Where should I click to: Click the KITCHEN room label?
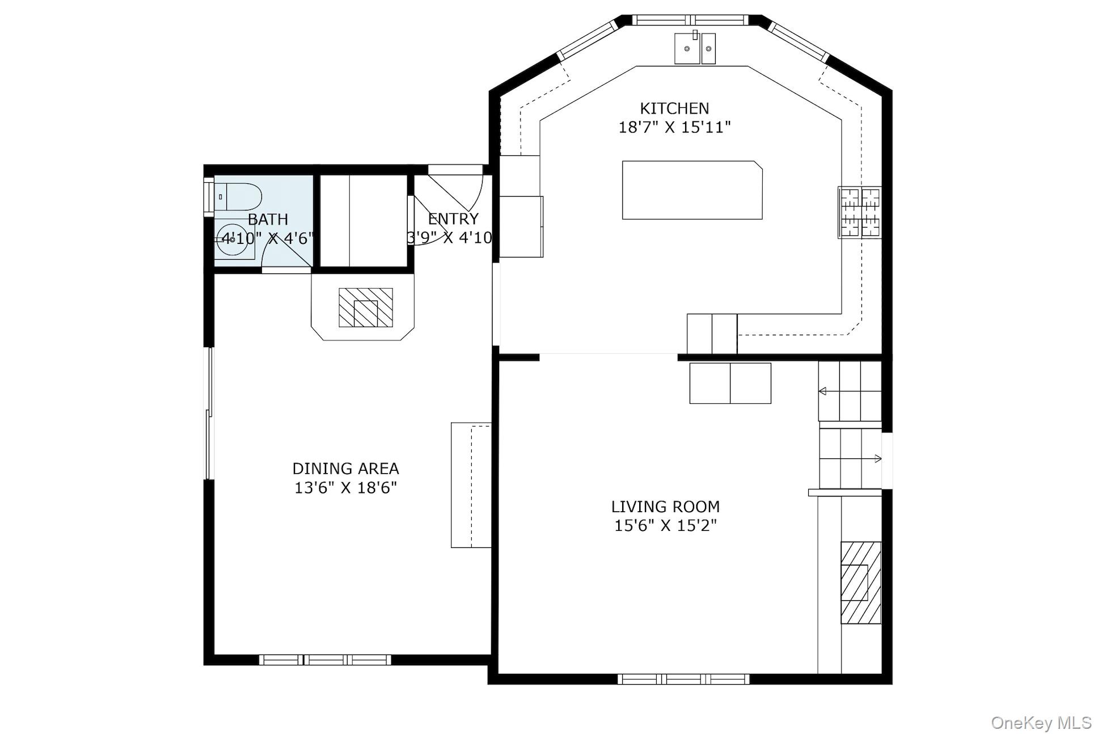point(674,108)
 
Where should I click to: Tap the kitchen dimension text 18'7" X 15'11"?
point(674,127)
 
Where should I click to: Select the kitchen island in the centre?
point(691,190)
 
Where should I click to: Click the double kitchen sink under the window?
point(695,48)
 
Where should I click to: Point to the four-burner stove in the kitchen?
point(859,213)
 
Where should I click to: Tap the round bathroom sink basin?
point(232,240)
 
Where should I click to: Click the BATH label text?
point(268,220)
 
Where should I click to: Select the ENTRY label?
point(453,219)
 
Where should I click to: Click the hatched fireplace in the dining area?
point(365,307)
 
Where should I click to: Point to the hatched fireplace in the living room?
point(860,583)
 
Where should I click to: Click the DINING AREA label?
point(345,469)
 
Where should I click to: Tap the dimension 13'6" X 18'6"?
point(345,488)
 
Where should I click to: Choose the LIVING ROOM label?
point(665,507)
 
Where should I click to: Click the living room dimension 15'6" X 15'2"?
point(665,525)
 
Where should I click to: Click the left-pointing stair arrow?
point(822,391)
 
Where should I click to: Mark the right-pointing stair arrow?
point(877,458)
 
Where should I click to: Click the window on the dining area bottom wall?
point(325,660)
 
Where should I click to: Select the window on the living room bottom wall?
point(683,679)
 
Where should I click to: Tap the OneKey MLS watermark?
point(1041,723)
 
